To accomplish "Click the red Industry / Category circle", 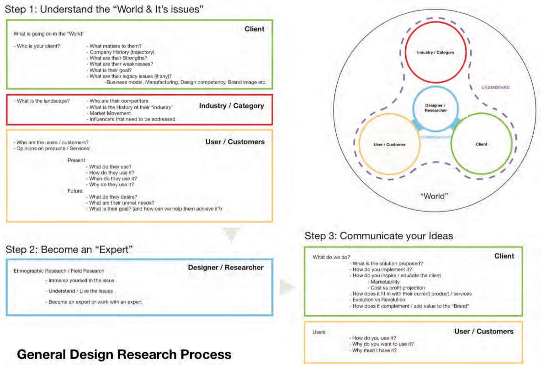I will pyautogui.click(x=435, y=53).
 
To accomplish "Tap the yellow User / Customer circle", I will pyautogui.click(x=390, y=144).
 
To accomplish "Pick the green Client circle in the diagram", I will pyautogui.click(x=481, y=144).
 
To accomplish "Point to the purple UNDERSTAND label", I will pyautogui.click(x=496, y=87).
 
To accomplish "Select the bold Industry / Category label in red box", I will pyautogui.click(x=231, y=106).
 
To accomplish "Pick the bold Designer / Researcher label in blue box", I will pyautogui.click(x=226, y=267).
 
